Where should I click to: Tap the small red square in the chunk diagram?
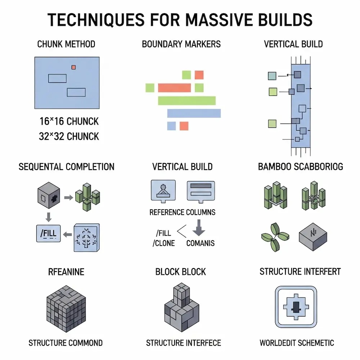coord(74,67)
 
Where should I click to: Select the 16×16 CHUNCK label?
coord(69,121)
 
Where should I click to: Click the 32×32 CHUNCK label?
coord(69,136)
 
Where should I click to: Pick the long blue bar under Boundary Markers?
coord(194,113)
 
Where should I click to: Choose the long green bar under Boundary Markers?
coord(186,100)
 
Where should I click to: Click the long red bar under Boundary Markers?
coord(174,87)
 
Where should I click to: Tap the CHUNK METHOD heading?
coord(66,44)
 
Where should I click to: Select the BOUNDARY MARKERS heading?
coord(181,44)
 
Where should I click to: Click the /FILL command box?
coord(49,233)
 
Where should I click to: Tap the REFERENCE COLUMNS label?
coord(183,212)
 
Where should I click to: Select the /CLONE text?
coord(164,243)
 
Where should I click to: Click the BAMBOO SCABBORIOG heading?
coord(301,167)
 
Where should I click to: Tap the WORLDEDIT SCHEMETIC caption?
coord(297,343)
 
